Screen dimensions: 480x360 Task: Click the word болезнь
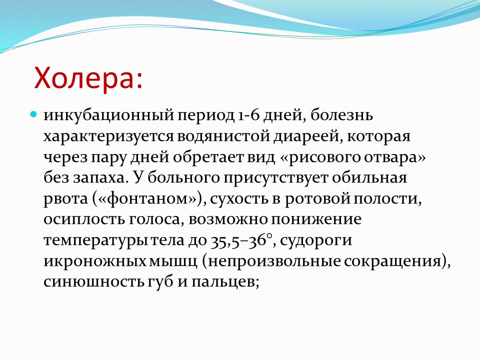pyautogui.click(x=341, y=115)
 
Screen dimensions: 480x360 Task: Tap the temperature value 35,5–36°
pyautogui.click(x=241, y=240)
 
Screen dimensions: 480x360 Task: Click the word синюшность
pyautogui.click(x=93, y=281)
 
